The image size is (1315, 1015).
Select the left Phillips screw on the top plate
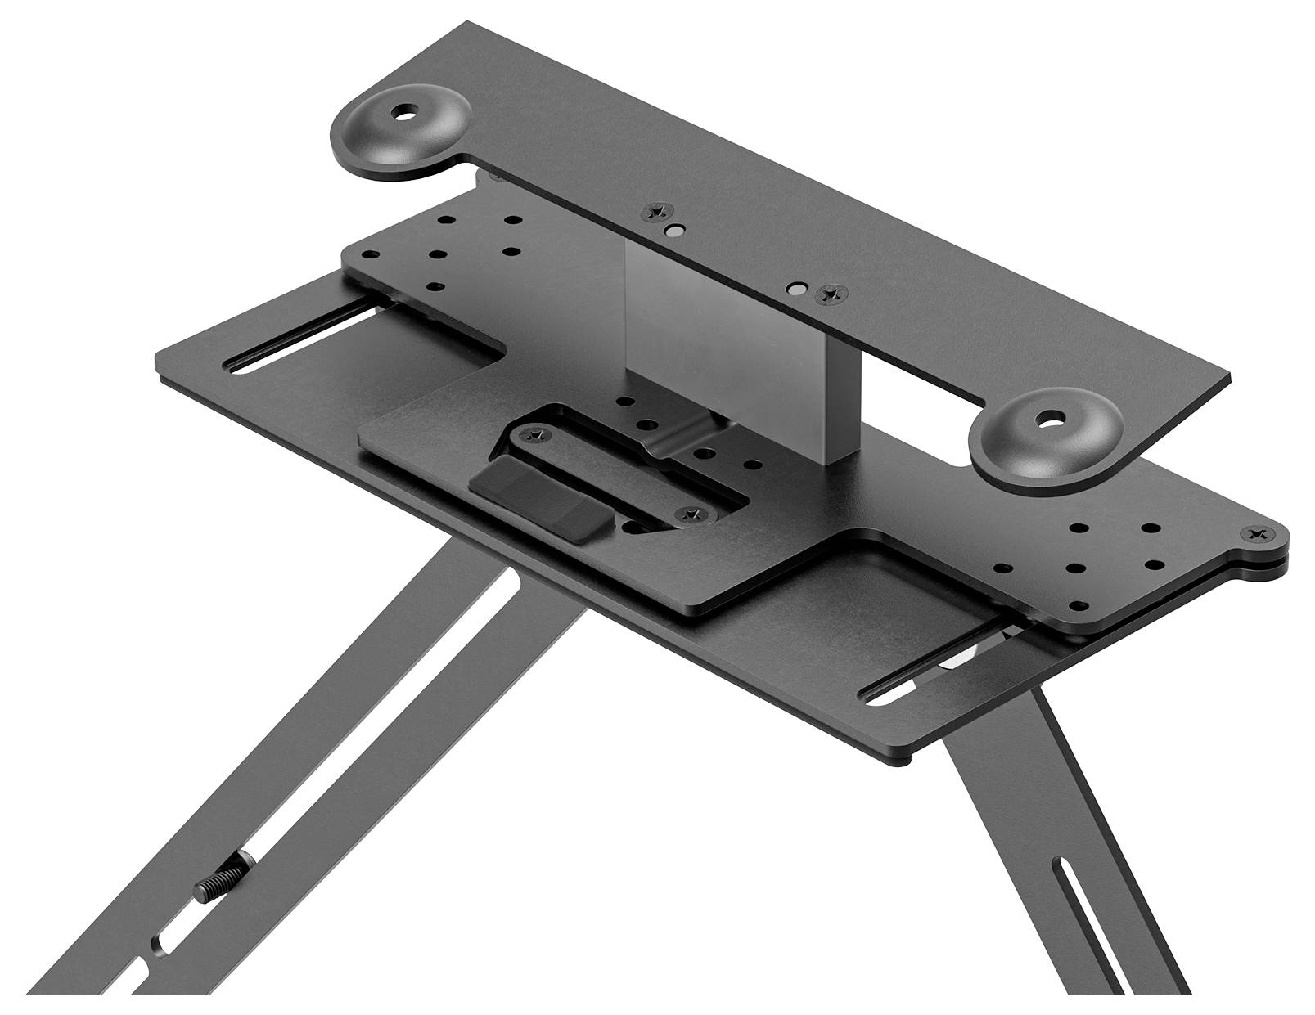pyautogui.click(x=655, y=212)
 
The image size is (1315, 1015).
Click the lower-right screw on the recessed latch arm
pyautogui.click(x=691, y=514)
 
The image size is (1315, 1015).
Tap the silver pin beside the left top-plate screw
pyautogui.click(x=673, y=231)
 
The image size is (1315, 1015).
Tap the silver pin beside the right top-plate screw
pyautogui.click(x=795, y=289)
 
